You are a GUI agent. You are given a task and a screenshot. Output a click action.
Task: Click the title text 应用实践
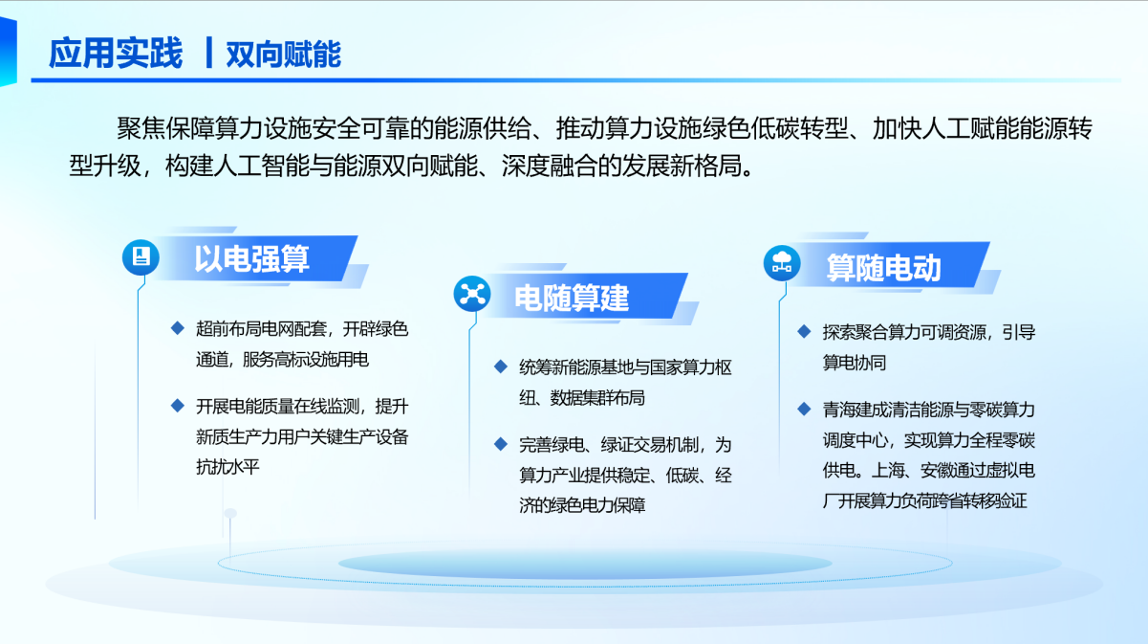point(116,53)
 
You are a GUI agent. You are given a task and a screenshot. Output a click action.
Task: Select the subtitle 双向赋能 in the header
point(283,54)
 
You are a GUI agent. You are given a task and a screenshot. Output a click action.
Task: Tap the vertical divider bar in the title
point(208,53)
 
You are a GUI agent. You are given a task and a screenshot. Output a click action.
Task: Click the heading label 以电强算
point(251,258)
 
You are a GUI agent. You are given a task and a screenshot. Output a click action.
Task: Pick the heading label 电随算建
point(572,297)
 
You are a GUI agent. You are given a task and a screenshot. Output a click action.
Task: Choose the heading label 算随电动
point(883,267)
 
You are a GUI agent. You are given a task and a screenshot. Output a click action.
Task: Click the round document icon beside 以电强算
point(141,257)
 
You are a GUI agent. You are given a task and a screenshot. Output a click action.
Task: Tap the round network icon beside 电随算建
point(472,294)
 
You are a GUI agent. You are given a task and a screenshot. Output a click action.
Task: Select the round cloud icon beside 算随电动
point(782,263)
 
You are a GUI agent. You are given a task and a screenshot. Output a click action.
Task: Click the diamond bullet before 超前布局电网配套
point(178,328)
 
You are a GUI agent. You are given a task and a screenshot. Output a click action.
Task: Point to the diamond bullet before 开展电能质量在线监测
point(178,406)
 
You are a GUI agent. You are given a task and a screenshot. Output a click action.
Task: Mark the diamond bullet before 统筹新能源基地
point(501,366)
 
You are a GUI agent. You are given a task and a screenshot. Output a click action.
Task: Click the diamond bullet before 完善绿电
point(501,444)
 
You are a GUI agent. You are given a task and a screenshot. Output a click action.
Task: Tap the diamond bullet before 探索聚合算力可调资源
point(804,331)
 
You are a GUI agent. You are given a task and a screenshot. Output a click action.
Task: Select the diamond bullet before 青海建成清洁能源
point(804,409)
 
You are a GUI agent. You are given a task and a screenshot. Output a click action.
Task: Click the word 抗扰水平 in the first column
point(227,467)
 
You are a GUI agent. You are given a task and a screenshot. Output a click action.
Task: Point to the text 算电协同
point(855,363)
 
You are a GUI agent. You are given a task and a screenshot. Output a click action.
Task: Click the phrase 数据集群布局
point(597,398)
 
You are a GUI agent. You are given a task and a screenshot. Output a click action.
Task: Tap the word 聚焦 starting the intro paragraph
point(141,128)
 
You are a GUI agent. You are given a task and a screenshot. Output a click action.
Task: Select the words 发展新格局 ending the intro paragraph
point(682,166)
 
